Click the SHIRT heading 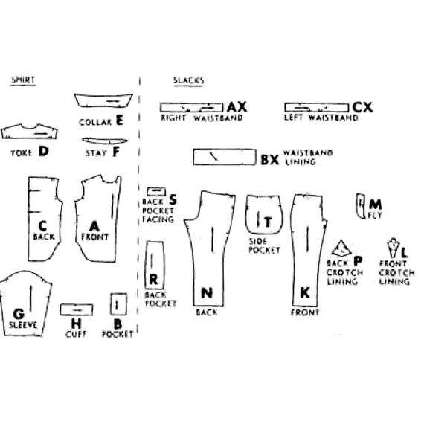click(x=23, y=80)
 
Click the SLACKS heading click(x=188, y=80)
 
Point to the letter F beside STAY click(x=116, y=152)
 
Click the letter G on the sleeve click(x=19, y=314)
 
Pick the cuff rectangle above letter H click(x=77, y=305)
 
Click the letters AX click(x=237, y=107)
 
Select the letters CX click(x=362, y=107)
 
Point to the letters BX click(x=269, y=160)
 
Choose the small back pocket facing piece click(x=156, y=187)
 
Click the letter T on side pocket click(x=268, y=222)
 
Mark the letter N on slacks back click(x=207, y=293)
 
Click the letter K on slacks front click(x=305, y=293)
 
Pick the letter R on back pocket click(x=153, y=280)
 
